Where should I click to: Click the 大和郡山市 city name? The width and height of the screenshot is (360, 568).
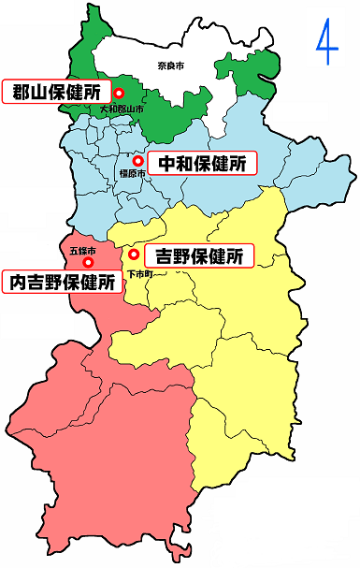coord(122,110)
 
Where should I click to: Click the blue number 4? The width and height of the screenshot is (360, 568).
coord(326,43)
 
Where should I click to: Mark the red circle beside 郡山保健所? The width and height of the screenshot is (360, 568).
coord(120,93)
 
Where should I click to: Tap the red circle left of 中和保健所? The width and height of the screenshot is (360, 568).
coord(138,161)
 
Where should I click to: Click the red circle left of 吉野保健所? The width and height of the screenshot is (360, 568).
coord(135,255)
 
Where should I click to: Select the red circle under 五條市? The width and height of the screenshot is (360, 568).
coord(89,262)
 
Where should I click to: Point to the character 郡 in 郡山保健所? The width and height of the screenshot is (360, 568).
coord(21,92)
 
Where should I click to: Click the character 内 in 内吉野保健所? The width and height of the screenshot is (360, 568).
coord(18,281)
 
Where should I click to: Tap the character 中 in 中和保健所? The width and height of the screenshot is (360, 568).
coord(168,164)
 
